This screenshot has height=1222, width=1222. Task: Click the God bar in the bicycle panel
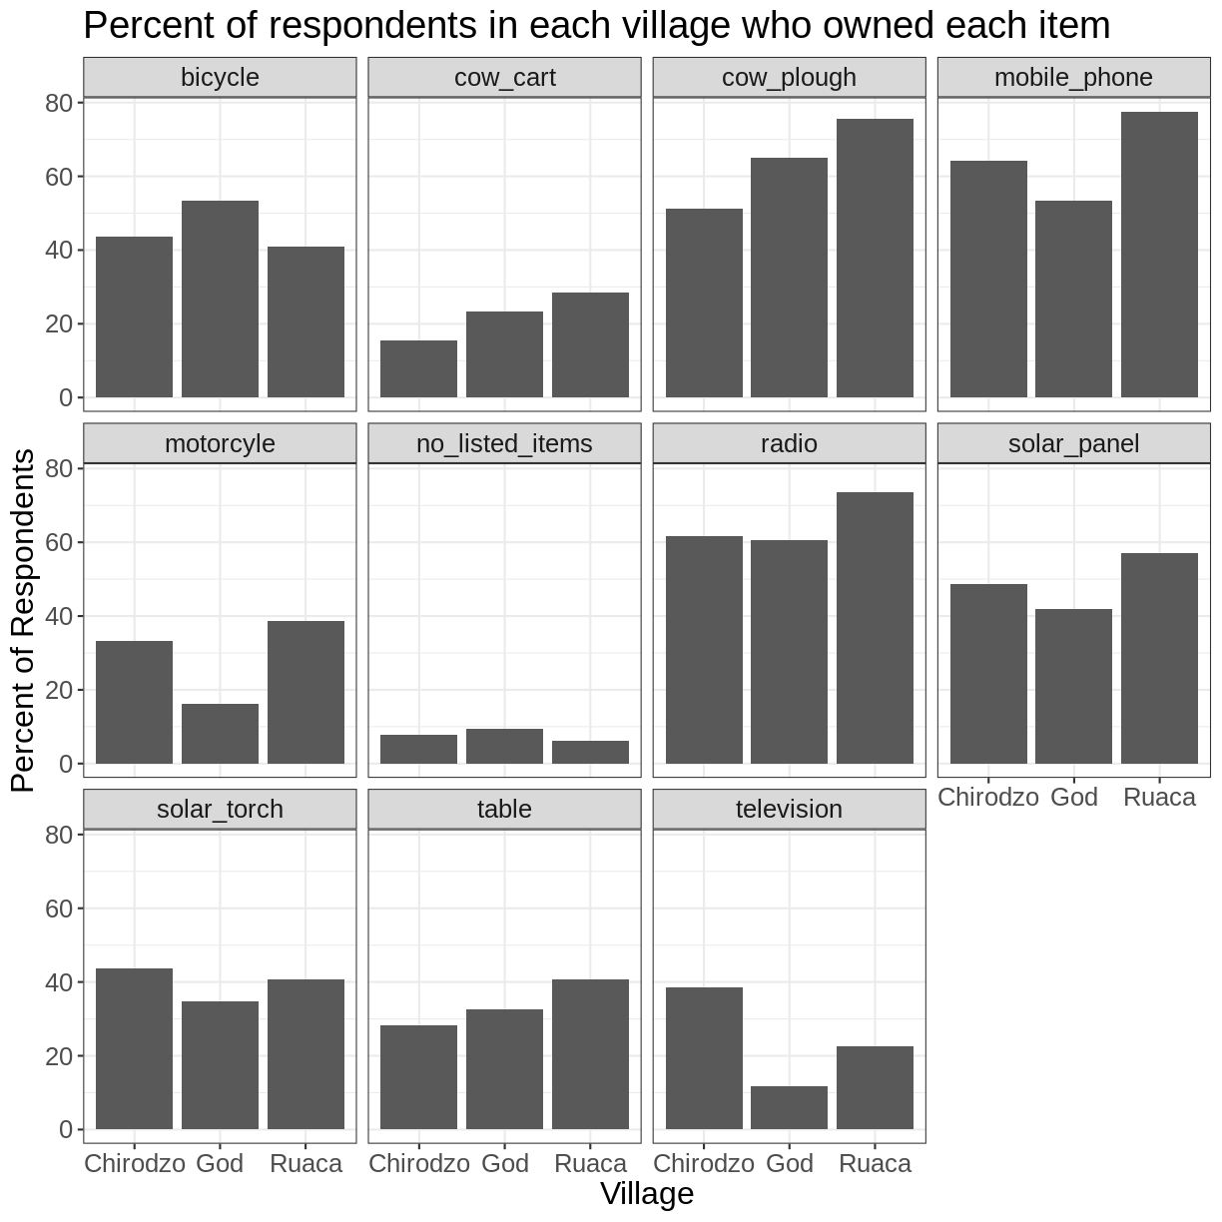tap(220, 300)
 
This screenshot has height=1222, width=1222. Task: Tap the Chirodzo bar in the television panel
tap(704, 1058)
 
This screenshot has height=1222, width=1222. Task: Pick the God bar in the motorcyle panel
tap(220, 734)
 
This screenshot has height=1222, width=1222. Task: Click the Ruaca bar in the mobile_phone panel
tap(1159, 255)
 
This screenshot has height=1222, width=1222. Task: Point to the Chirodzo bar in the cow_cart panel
tap(418, 369)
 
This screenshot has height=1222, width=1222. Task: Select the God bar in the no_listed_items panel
tap(504, 747)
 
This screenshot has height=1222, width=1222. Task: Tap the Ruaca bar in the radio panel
tap(875, 628)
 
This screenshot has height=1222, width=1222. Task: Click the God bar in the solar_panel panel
tap(1073, 687)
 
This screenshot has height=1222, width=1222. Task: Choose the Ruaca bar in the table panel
tap(590, 1054)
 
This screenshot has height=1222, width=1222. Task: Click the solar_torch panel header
tap(220, 809)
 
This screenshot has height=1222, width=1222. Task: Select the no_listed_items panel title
tap(504, 443)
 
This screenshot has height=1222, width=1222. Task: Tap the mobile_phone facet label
tap(1073, 77)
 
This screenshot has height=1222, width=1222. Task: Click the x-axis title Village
tap(646, 1194)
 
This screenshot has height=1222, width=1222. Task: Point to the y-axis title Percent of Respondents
tap(22, 620)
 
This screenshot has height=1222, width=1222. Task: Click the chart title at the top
tap(596, 26)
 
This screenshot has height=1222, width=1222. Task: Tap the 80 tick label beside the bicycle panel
tap(59, 103)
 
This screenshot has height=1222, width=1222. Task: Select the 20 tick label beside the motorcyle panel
tap(59, 690)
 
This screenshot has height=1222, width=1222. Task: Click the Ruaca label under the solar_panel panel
tap(1159, 797)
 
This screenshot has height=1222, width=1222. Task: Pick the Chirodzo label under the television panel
tap(704, 1163)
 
